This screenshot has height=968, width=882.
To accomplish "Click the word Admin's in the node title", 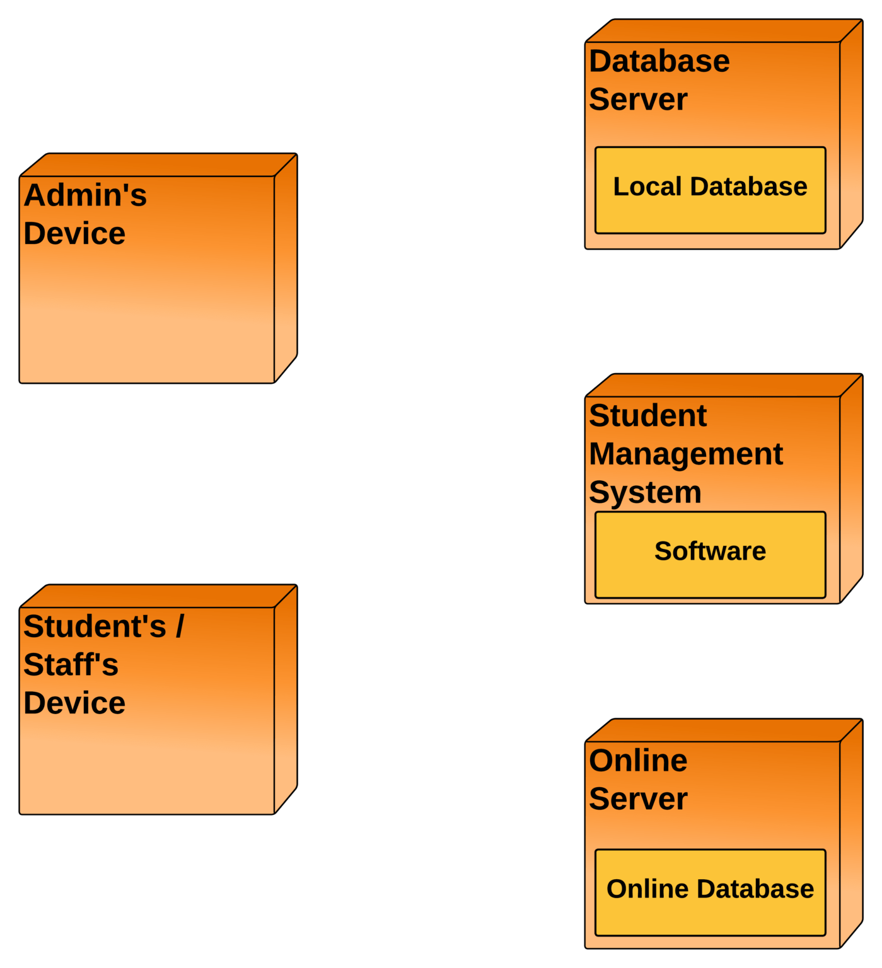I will (x=85, y=195).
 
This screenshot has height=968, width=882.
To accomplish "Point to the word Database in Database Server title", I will (x=659, y=62).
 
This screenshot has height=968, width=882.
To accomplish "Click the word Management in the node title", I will (x=685, y=454).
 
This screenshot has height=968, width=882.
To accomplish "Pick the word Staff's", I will (x=71, y=665).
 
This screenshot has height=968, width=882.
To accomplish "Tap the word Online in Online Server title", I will (x=637, y=761).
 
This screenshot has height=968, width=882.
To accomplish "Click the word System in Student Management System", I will (x=644, y=493).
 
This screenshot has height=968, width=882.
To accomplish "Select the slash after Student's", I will (x=180, y=626).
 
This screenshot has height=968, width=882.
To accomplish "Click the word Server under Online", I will (x=637, y=799).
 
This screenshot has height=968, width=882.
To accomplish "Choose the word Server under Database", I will (x=637, y=100).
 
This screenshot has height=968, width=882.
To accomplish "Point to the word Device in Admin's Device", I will (x=74, y=234).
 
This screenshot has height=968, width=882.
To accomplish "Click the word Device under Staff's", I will (x=74, y=703).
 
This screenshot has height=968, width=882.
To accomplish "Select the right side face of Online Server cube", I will (x=851, y=832).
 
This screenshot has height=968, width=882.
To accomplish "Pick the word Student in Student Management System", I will (x=647, y=416).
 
